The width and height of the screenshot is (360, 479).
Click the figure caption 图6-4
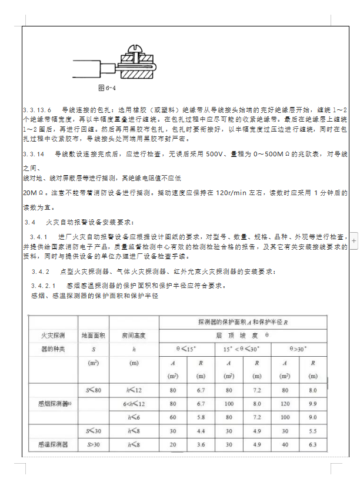click(x=106, y=88)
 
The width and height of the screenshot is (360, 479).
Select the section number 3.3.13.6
click(x=38, y=110)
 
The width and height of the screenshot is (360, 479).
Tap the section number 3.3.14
click(x=34, y=154)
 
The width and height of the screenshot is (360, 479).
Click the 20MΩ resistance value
click(x=31, y=192)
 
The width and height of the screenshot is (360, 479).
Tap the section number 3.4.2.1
click(x=44, y=286)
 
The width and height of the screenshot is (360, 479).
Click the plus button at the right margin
click(x=354, y=240)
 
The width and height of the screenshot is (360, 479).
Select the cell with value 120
click(x=285, y=404)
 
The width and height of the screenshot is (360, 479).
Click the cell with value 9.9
click(x=313, y=404)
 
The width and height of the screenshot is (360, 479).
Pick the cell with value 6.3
click(x=313, y=444)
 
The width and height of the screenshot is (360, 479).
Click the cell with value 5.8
click(x=201, y=417)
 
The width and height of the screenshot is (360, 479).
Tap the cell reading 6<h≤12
click(x=134, y=404)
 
